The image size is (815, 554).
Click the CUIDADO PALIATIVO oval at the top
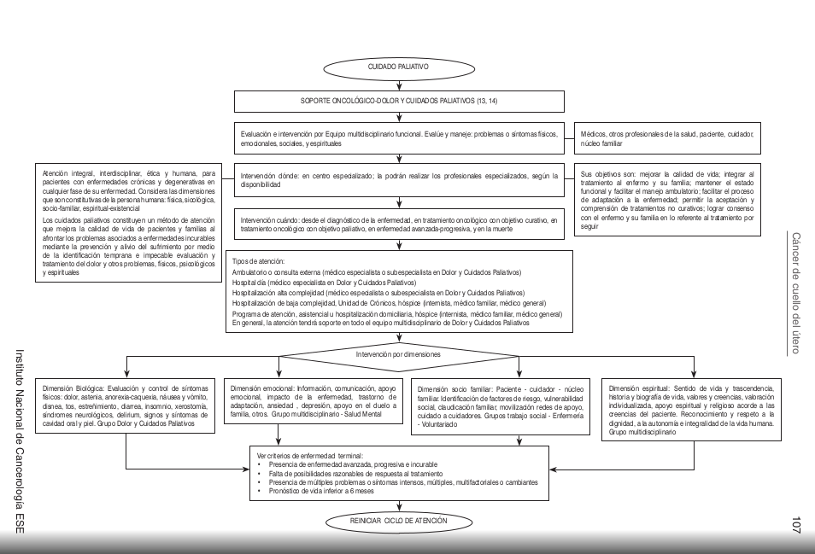coord(398,66)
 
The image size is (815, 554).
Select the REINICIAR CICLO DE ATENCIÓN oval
coord(398,520)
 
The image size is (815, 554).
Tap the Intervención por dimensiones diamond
coord(398,353)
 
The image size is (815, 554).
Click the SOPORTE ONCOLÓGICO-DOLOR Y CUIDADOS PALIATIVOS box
coord(399,101)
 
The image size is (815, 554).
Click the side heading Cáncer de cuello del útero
coord(795,293)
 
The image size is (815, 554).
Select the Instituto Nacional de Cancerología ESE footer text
coord(20,440)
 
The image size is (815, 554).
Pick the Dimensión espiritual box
coord(692,409)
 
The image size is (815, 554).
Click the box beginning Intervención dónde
coord(399,180)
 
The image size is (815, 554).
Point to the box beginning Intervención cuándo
coord(399,225)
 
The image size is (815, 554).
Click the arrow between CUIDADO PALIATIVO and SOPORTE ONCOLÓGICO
coord(398,83)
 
